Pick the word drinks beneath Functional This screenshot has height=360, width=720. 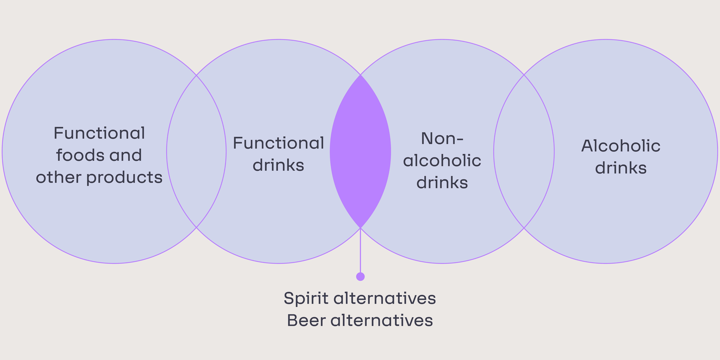tap(278, 165)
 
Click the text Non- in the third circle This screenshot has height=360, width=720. tap(442, 139)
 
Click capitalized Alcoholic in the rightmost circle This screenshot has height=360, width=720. tap(621, 146)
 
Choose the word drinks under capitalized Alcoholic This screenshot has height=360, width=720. tap(621, 168)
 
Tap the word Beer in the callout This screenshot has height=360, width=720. tap(306, 320)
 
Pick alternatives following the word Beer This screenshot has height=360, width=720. tap(382, 320)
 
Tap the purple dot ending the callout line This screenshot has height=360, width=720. tap(360, 276)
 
